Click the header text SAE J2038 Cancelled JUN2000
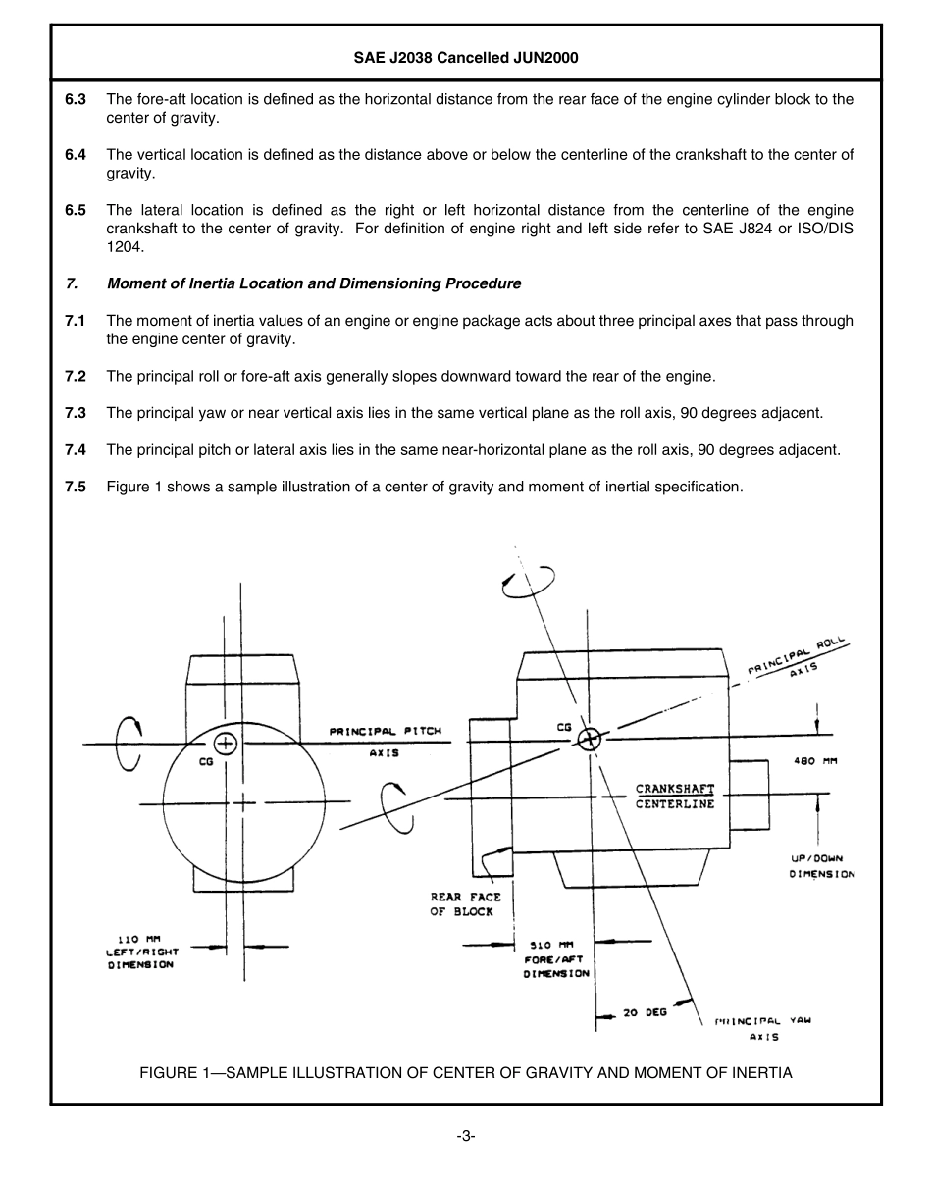[x=466, y=58]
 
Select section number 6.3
[x=76, y=99]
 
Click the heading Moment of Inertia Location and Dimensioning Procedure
[x=313, y=283]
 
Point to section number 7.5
[x=76, y=487]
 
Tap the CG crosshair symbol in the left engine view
[x=226, y=743]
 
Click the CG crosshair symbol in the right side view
[x=589, y=740]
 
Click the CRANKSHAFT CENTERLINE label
[x=675, y=797]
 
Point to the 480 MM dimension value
[x=814, y=761]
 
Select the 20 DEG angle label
[x=645, y=1012]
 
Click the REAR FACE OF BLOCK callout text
[x=465, y=904]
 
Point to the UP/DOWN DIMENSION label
[x=822, y=866]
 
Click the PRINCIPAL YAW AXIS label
[x=763, y=1027]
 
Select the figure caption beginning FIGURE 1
[x=465, y=1072]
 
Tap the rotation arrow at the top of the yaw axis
[x=528, y=583]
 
